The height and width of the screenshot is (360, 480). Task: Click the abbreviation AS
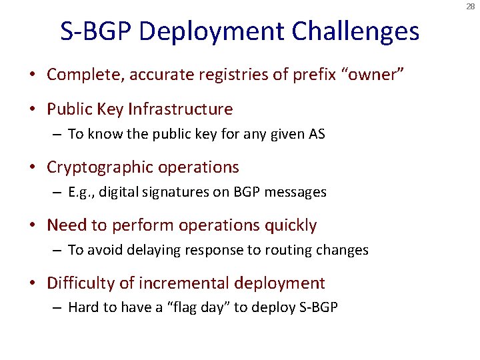[x=316, y=134]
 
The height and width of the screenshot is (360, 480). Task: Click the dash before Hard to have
[x=59, y=309]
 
